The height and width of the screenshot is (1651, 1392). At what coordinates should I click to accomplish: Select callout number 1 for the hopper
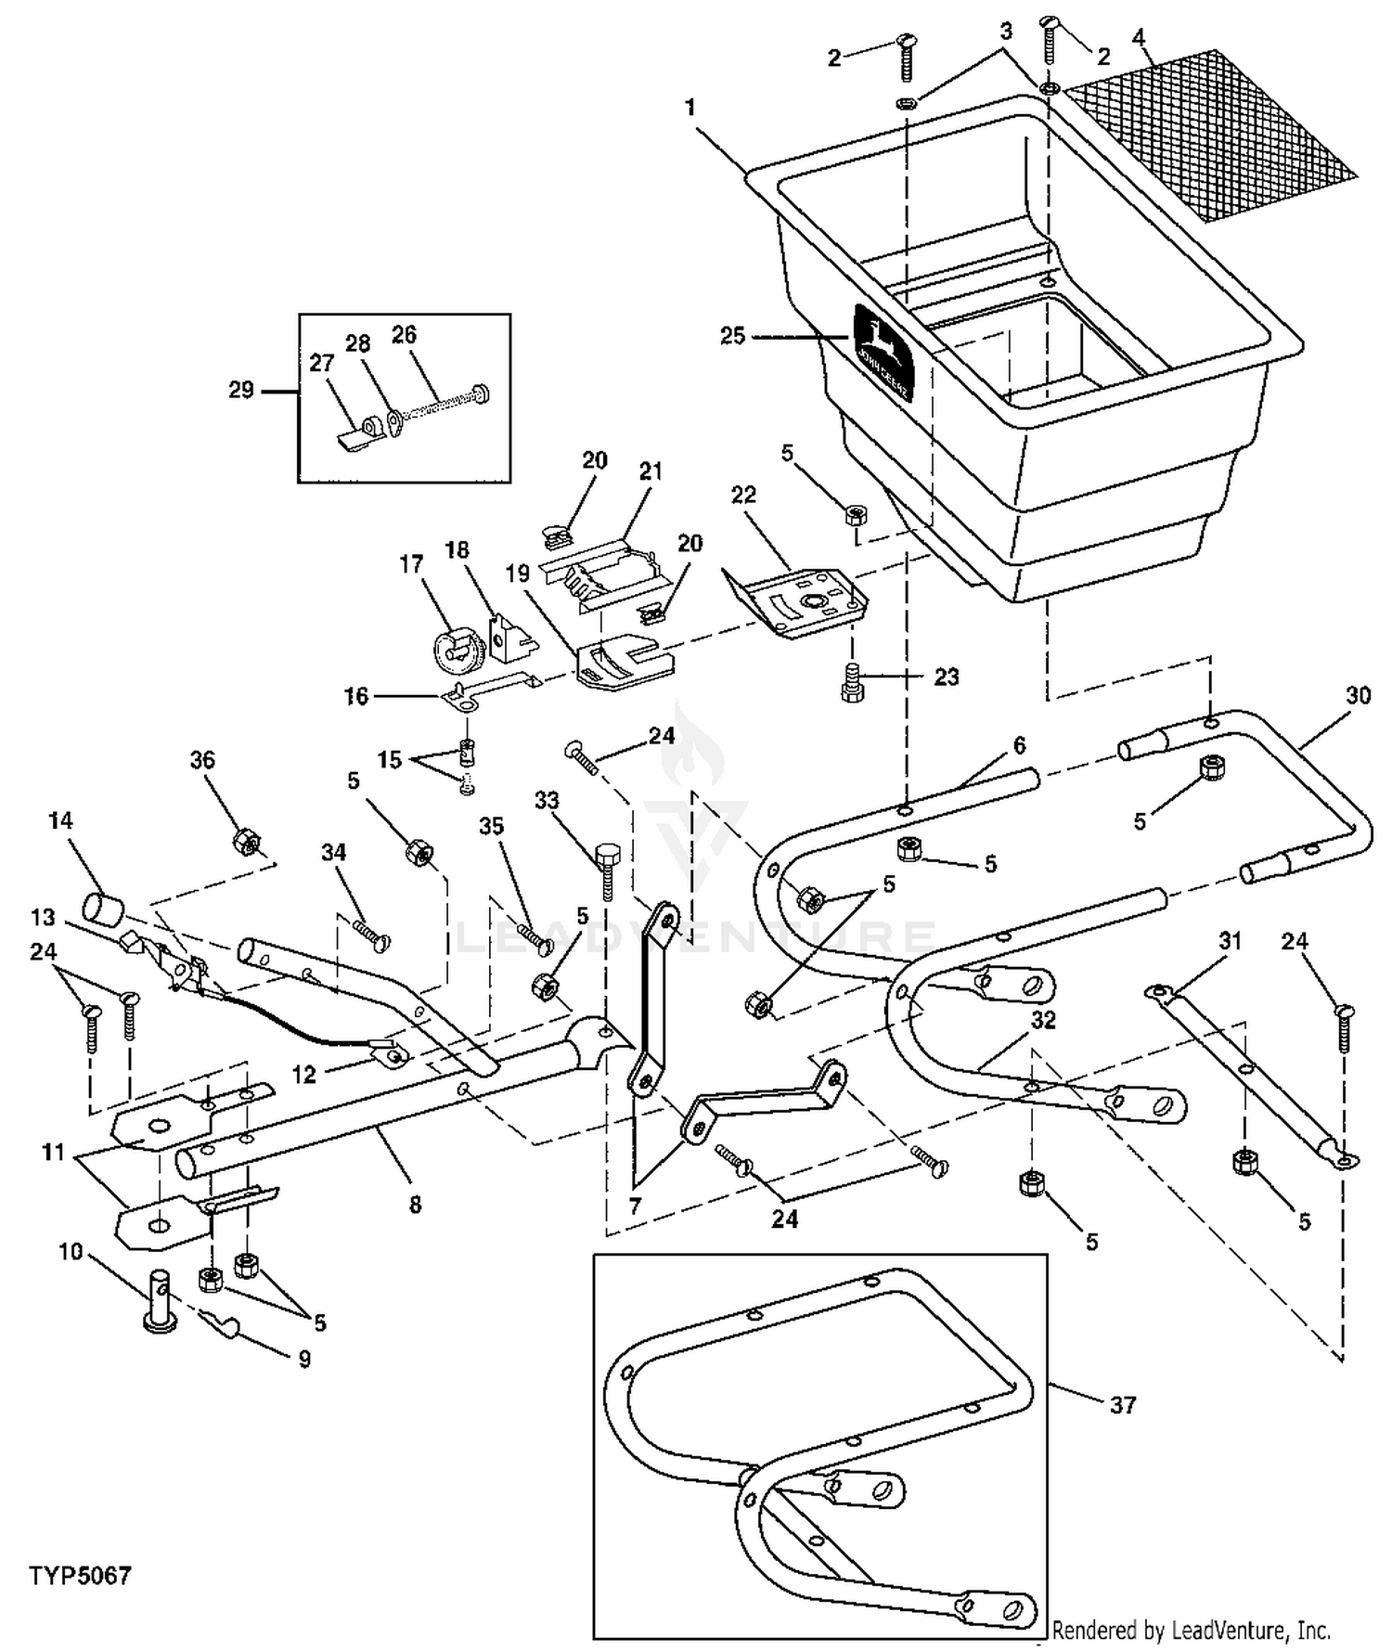click(690, 108)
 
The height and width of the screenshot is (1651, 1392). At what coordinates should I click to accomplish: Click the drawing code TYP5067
click(80, 1576)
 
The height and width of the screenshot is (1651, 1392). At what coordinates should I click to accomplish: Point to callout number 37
click(1123, 1405)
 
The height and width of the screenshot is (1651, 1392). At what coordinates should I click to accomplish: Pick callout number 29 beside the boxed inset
click(240, 390)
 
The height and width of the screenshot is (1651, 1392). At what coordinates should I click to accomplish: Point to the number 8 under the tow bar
click(415, 1205)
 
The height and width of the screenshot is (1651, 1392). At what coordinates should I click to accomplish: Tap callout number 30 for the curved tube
click(1358, 695)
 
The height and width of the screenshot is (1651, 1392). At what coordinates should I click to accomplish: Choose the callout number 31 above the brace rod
click(1230, 942)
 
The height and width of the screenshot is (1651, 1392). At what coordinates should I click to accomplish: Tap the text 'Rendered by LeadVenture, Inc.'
click(1192, 1629)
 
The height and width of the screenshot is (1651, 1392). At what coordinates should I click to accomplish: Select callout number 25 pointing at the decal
click(732, 335)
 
